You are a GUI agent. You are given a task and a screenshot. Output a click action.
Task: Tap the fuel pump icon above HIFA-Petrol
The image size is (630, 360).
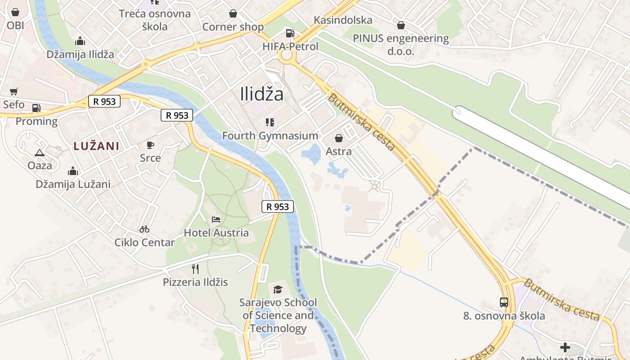290,33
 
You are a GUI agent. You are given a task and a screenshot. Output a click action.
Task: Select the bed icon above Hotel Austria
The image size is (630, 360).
216,220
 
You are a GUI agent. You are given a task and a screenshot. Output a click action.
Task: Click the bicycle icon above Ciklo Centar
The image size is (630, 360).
144,229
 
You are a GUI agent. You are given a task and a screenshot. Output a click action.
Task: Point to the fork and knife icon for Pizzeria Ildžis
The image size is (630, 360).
195,269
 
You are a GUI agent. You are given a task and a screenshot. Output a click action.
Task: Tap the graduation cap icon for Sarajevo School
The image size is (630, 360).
278,289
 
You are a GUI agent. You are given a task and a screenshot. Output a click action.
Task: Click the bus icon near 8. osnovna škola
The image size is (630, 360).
504,302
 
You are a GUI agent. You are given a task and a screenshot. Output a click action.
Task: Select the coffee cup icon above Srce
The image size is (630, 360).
150,145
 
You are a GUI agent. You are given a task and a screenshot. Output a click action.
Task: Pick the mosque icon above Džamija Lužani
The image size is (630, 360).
73,171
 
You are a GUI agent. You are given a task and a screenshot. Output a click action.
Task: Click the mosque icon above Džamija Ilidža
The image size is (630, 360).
80,41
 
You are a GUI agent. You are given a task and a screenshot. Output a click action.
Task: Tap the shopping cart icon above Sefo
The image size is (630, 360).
14,91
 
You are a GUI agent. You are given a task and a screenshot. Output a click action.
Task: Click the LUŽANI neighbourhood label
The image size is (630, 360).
96,146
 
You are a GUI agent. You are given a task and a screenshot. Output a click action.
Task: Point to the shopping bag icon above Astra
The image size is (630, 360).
338,138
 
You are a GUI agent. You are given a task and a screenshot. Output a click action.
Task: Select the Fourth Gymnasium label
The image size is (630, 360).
270,135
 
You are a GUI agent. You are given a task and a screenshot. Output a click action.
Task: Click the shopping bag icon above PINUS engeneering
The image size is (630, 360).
400,25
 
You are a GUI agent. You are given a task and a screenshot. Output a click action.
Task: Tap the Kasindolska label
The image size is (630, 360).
343,20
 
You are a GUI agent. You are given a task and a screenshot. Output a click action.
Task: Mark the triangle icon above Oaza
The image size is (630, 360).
40,153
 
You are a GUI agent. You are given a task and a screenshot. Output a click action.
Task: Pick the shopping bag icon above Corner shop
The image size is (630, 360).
233,13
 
